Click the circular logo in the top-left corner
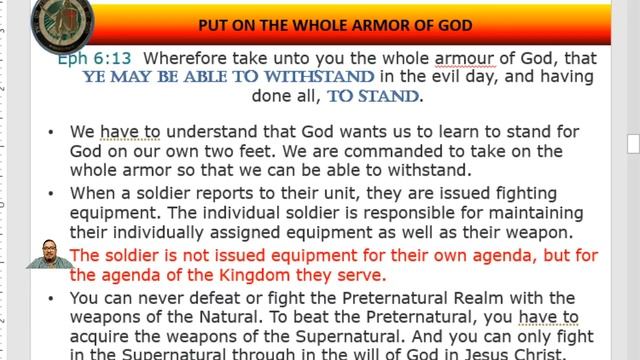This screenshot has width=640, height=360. pos(62,22)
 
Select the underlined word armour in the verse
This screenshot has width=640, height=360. pos(465,58)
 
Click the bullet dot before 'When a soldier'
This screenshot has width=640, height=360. pos(52,193)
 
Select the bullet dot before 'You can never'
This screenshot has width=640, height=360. pos(52,298)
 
